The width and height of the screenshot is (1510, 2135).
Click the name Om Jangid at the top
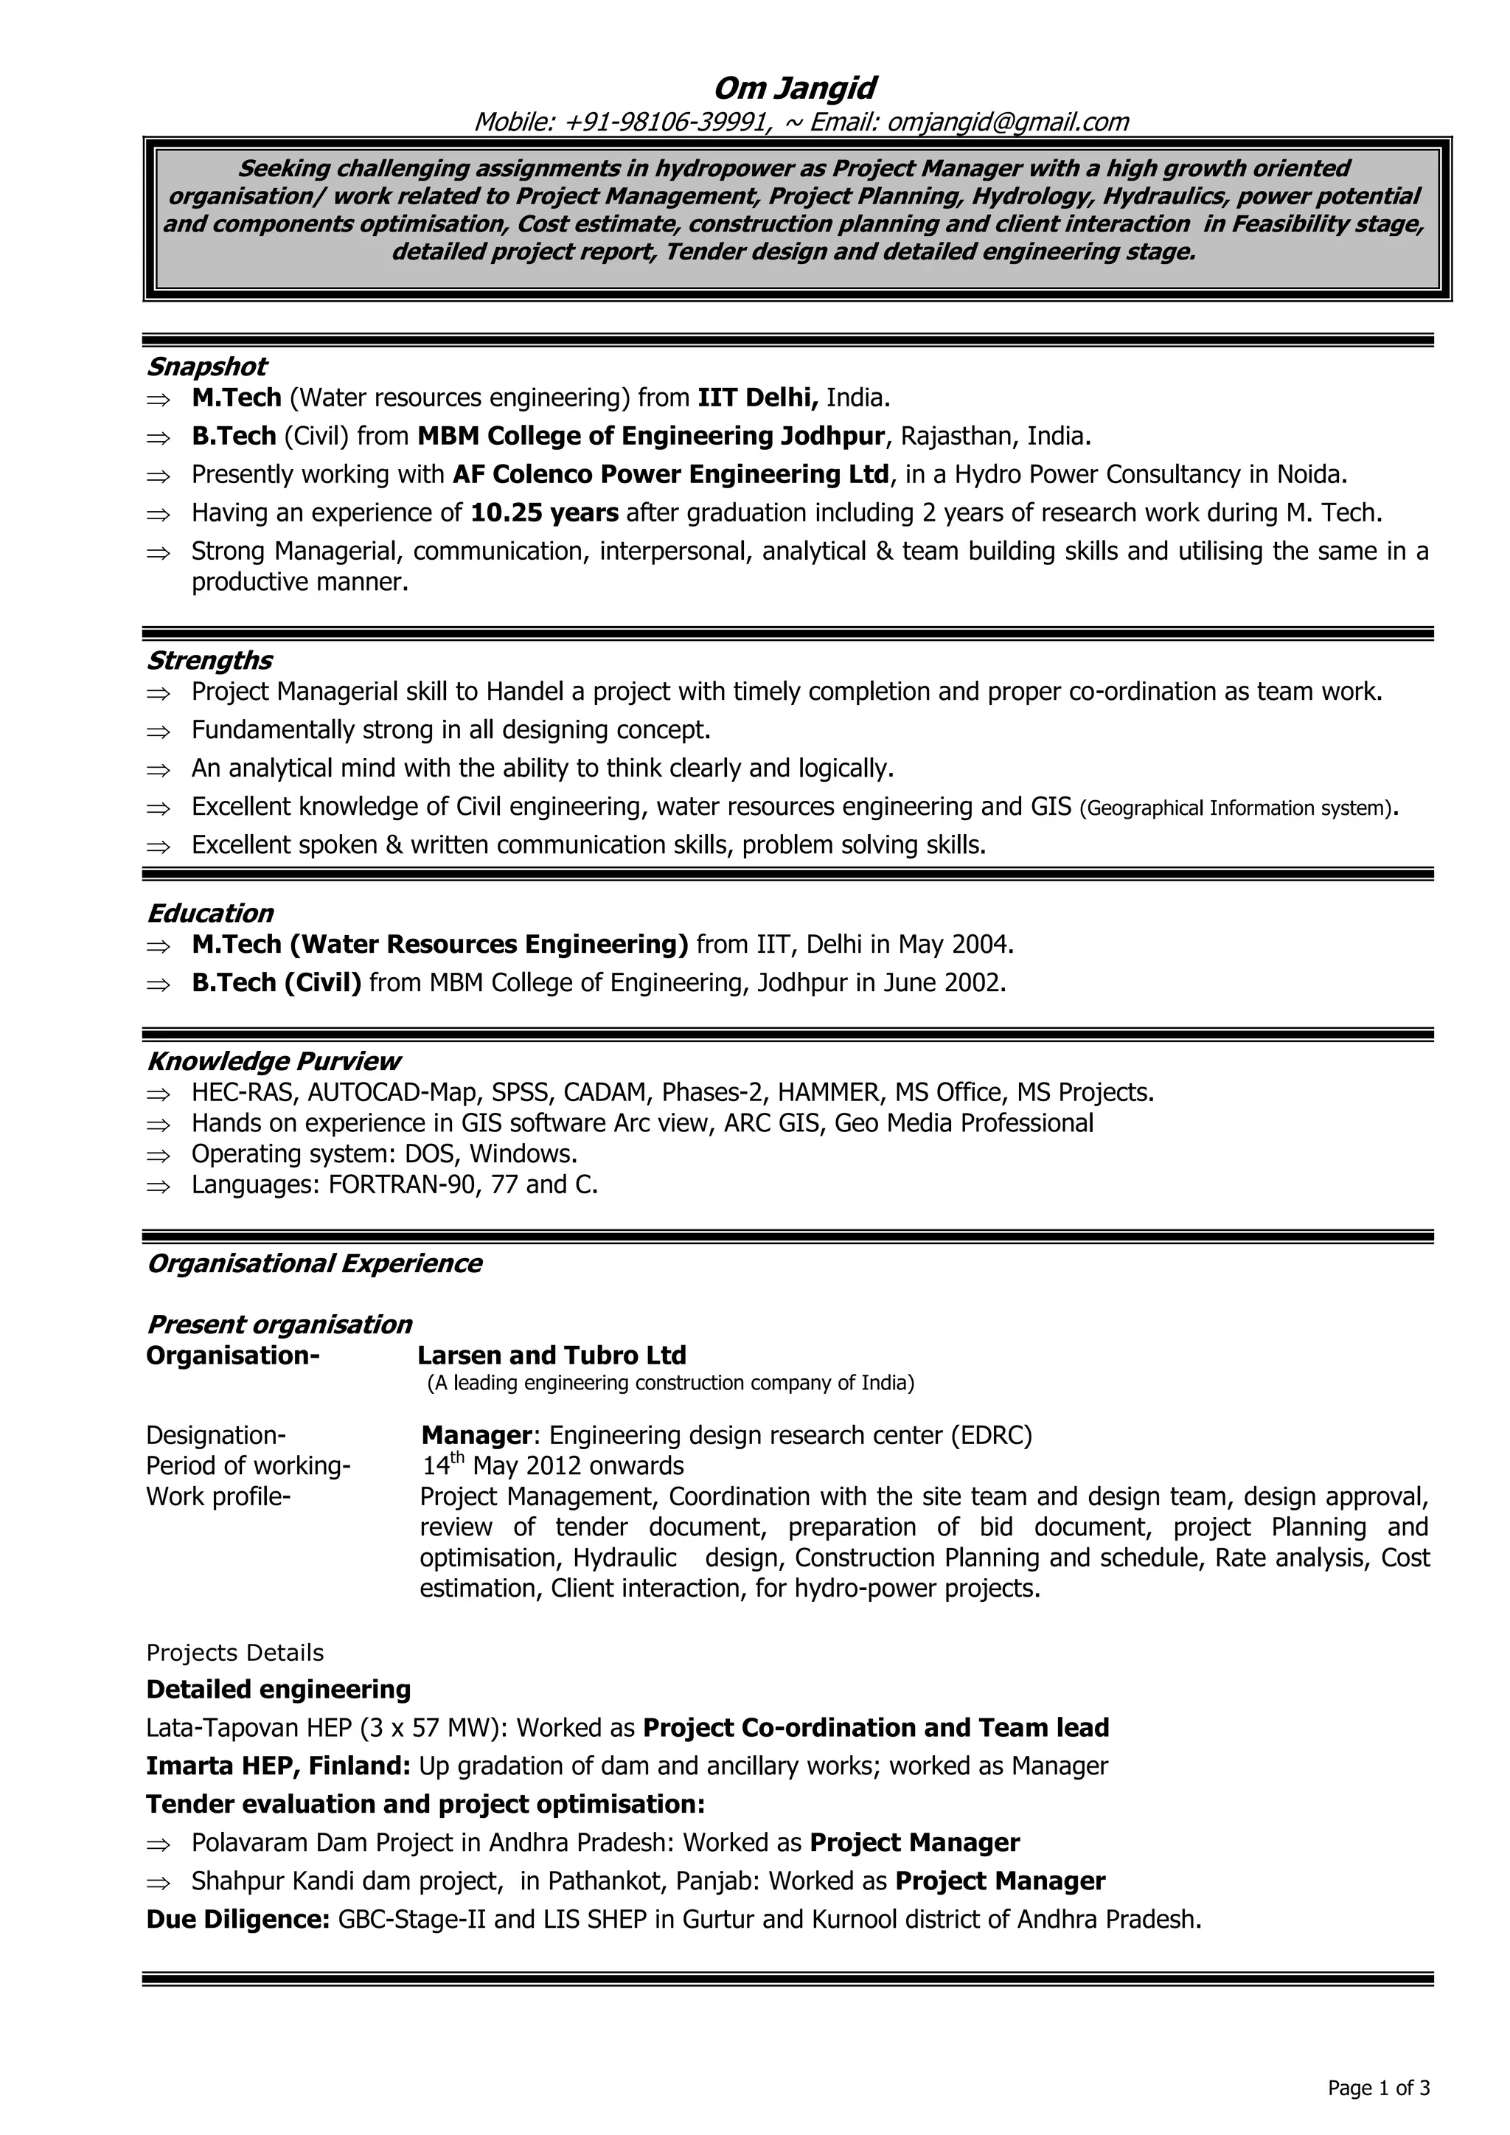(794, 88)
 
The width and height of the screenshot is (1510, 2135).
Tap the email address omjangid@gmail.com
(1008, 122)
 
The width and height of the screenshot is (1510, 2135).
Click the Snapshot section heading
(206, 367)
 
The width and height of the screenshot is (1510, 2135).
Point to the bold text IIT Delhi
(757, 398)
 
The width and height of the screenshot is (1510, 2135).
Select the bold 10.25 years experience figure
(545, 513)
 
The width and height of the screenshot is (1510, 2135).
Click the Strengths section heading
(209, 660)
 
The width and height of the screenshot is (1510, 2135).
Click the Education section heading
(210, 913)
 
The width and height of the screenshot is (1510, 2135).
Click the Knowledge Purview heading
(274, 1061)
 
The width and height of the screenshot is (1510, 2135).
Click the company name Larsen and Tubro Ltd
(552, 1355)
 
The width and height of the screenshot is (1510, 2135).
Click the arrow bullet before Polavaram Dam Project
(159, 1843)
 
